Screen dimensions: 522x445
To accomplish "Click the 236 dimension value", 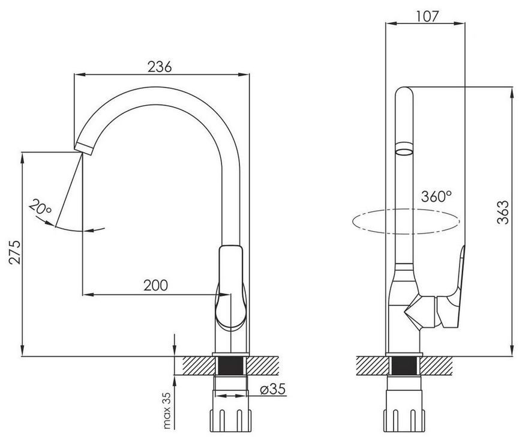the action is point(160,67).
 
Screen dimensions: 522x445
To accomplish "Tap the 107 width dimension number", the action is point(427,16).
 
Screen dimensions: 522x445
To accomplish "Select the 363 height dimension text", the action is point(503,212).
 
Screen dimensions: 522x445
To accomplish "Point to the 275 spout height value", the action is point(15,252).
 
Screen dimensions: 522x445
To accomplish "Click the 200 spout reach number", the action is point(156,285).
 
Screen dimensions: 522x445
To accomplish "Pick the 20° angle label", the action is point(41,208).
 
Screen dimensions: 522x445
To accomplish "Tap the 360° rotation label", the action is point(436,196).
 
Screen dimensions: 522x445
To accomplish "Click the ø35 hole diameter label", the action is point(272,389).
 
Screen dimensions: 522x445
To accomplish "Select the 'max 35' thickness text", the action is point(167,410).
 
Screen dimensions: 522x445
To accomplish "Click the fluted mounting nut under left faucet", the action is point(230,420).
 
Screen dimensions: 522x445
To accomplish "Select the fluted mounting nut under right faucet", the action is point(404,420).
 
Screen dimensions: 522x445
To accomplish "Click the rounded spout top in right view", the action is point(404,92).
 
